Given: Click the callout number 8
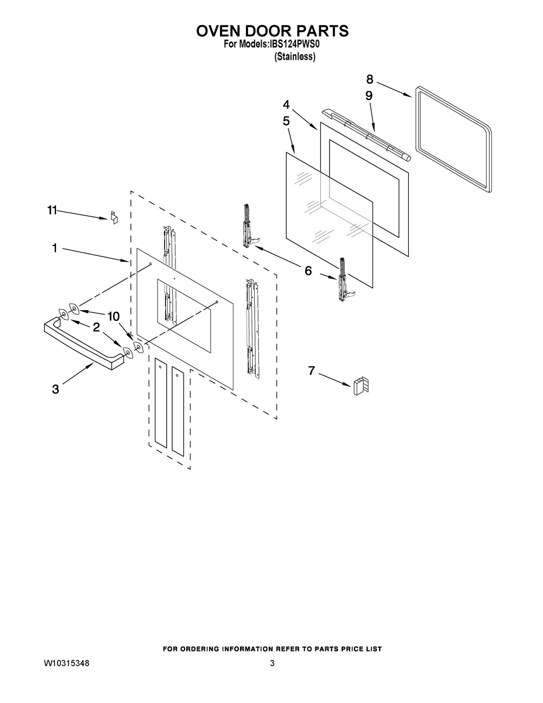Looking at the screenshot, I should click(x=369, y=78).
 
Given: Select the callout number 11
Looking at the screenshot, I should click(x=52, y=211).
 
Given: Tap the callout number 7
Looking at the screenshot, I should click(x=311, y=371).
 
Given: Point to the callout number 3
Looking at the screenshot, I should click(x=55, y=389).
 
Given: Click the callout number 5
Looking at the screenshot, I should click(x=286, y=121).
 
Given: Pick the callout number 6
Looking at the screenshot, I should click(x=308, y=271).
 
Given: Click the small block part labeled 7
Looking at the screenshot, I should click(x=361, y=385).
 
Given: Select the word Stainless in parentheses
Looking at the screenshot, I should click(x=295, y=57).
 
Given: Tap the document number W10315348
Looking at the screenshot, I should click(x=67, y=664).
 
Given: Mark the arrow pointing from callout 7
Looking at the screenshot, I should click(x=334, y=379).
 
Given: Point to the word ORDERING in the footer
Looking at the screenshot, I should click(x=224, y=649).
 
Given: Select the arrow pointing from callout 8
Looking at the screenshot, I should click(x=393, y=89).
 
